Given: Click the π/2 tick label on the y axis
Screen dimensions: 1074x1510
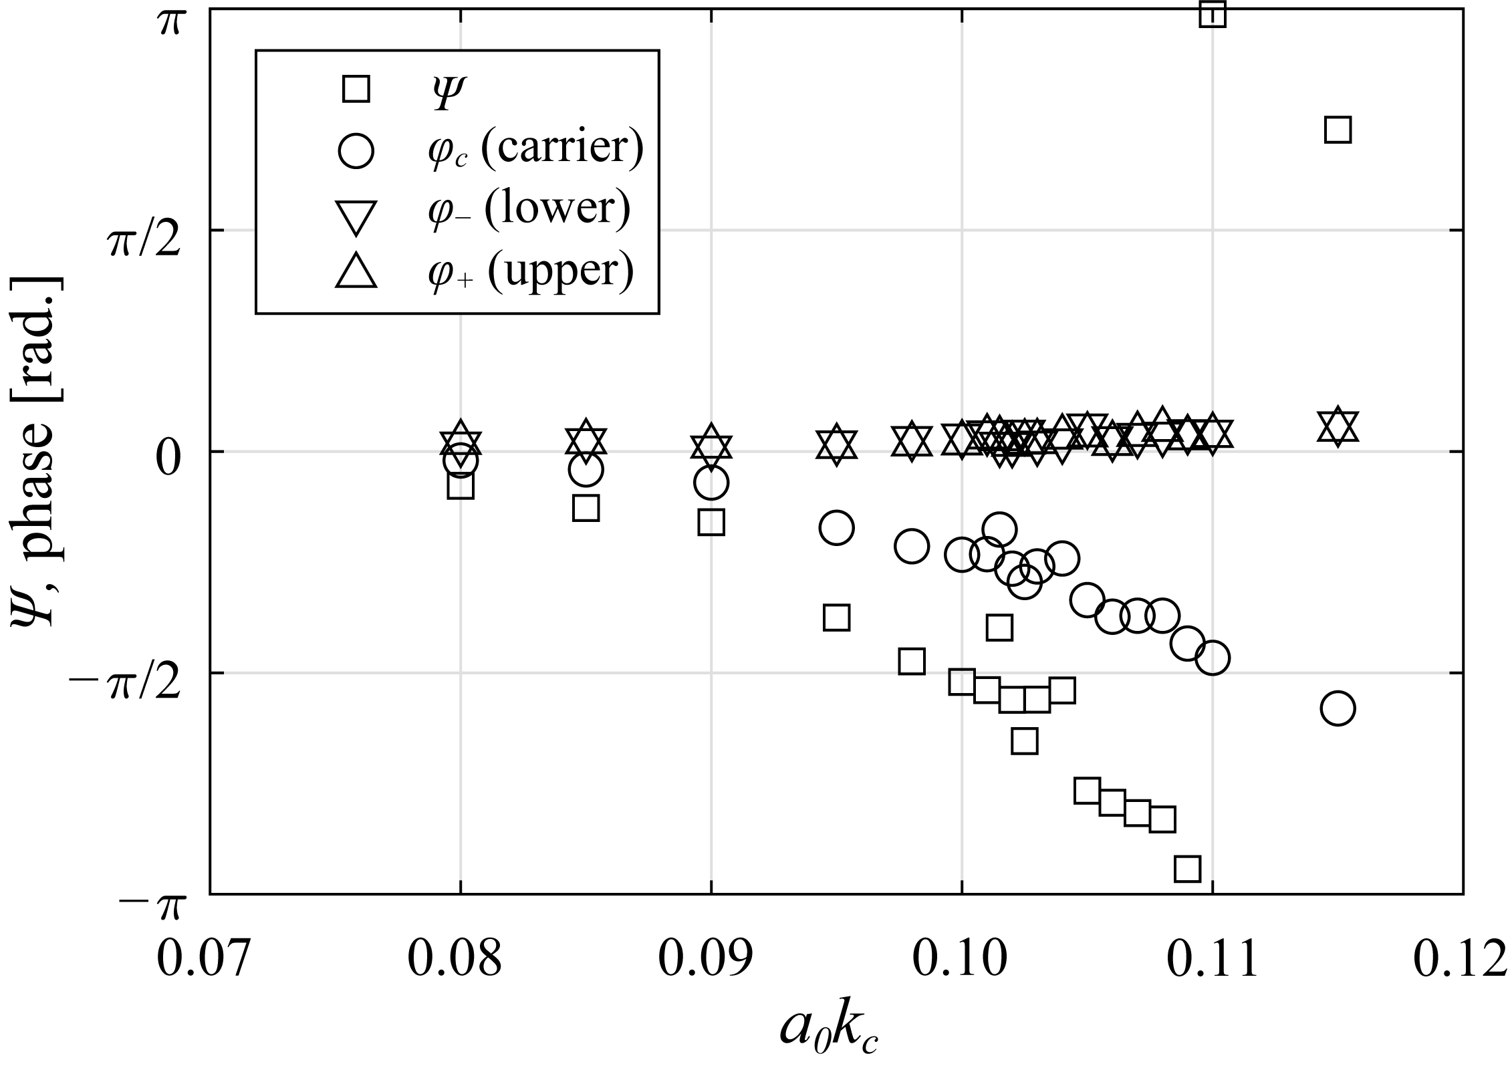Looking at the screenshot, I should tap(144, 245).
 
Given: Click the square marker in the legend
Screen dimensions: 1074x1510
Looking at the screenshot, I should tap(356, 88).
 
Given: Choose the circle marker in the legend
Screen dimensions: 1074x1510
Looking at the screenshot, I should tap(356, 150).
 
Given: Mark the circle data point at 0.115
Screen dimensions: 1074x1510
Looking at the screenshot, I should tap(1338, 708).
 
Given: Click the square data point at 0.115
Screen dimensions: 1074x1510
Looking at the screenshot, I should tap(1338, 130).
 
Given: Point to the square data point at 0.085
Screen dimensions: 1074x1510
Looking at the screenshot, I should tap(586, 509).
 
